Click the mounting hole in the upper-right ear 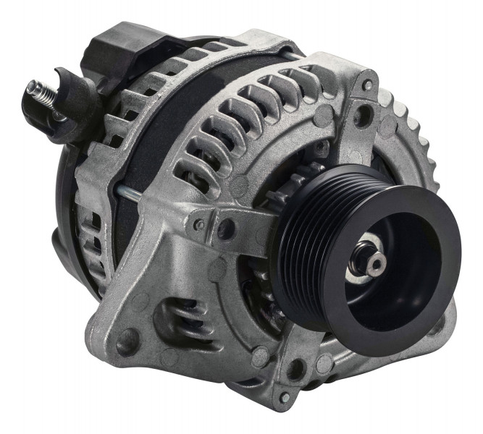coord(363,113)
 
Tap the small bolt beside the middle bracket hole coord(198,225)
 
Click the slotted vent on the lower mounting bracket coord(182,319)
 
